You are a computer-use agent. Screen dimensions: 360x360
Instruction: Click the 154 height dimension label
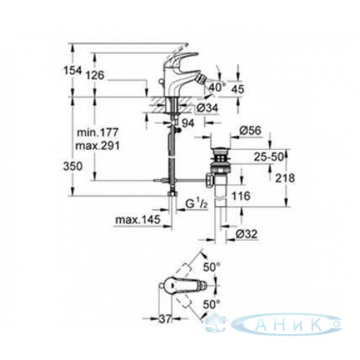point(73,71)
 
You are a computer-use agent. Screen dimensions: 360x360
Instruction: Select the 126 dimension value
point(95,76)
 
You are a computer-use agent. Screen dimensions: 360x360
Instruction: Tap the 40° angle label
point(217,87)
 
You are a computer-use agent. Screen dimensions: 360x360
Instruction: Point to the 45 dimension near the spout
point(238,89)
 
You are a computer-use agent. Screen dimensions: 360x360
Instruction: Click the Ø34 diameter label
point(208,108)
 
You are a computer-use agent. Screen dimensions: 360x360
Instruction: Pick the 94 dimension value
point(188,123)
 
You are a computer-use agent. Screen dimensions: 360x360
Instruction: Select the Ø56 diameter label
point(250,131)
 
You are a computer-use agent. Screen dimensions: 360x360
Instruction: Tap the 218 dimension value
point(285,178)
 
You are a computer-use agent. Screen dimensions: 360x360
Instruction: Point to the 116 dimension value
point(241,196)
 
